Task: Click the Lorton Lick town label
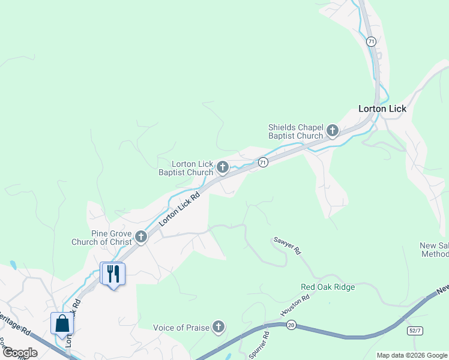(382, 109)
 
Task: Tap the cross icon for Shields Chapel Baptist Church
(332, 130)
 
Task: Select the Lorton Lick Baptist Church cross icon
(222, 167)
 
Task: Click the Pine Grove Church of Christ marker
(141, 236)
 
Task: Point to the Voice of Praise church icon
(218, 327)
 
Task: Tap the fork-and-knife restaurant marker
(113, 274)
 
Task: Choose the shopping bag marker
(62, 324)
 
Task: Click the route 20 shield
(291, 325)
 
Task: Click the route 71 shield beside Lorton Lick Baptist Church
(262, 163)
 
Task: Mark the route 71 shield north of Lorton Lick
(372, 41)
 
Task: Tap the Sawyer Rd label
(287, 246)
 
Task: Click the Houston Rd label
(295, 305)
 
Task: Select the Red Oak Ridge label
(328, 287)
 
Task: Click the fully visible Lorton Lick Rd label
(179, 209)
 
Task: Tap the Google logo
(20, 353)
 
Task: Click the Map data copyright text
(411, 355)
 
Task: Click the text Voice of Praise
(181, 328)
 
